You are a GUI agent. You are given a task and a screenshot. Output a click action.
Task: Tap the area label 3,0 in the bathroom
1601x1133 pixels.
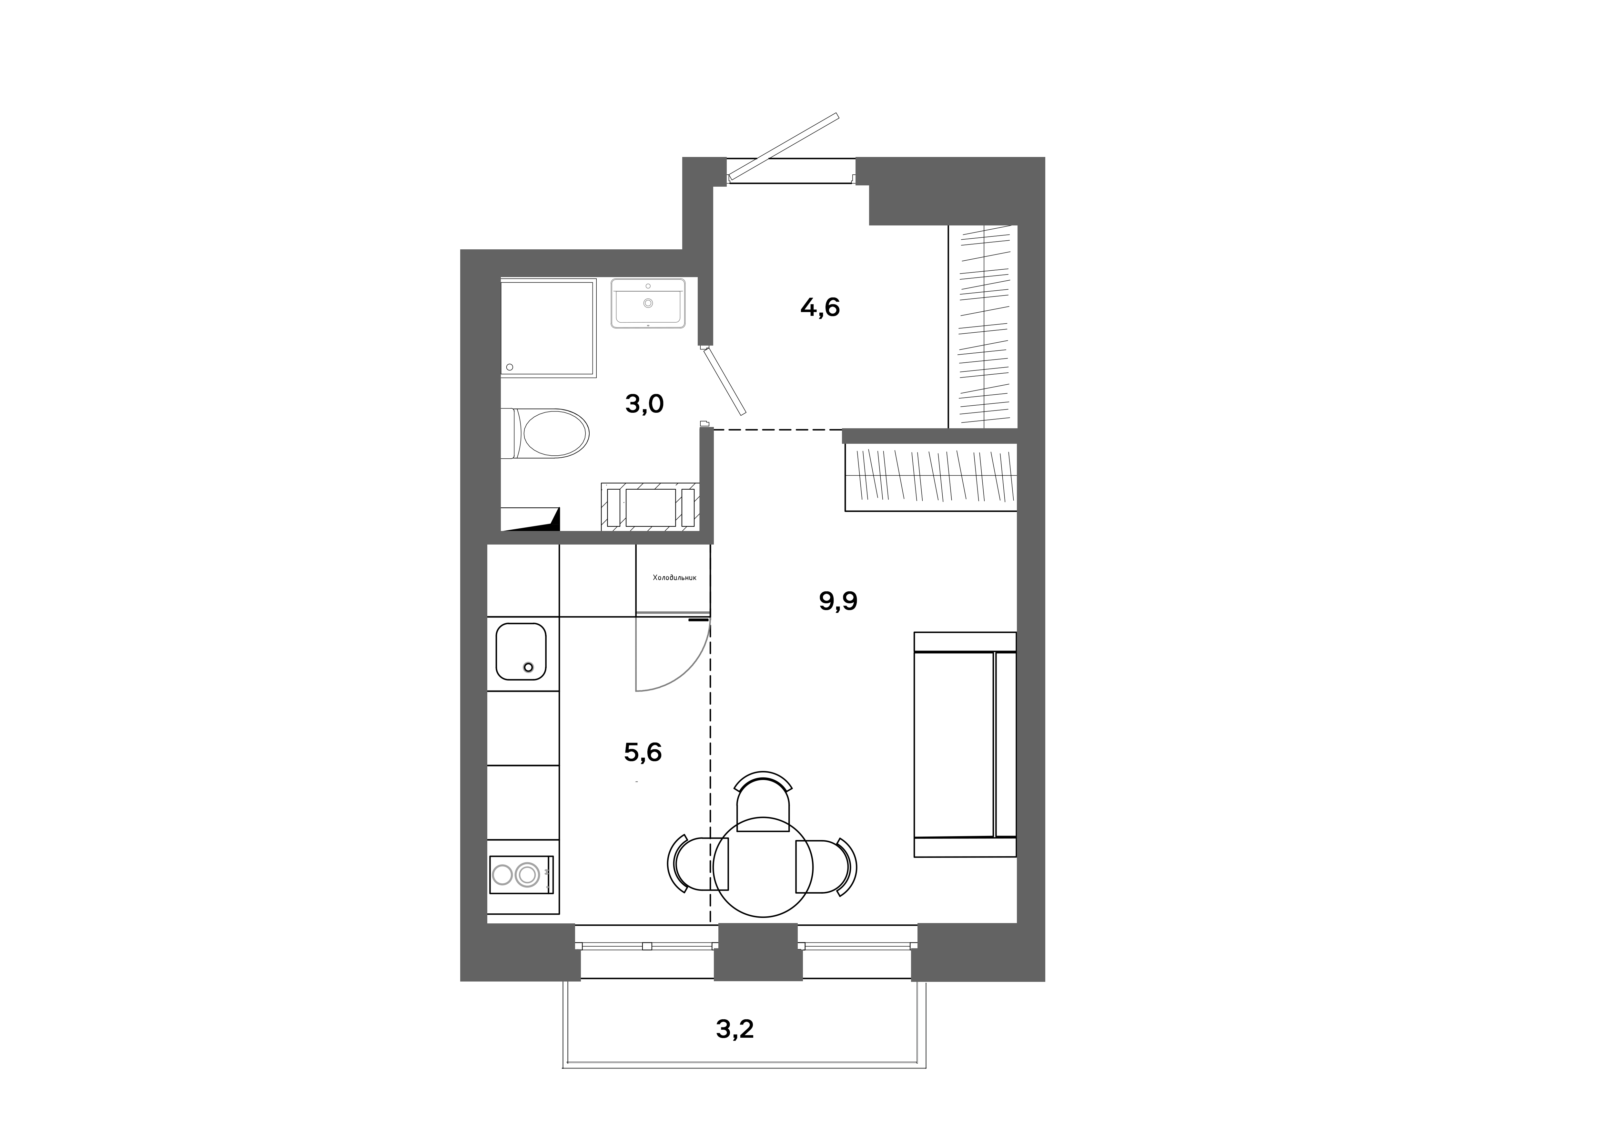[644, 404]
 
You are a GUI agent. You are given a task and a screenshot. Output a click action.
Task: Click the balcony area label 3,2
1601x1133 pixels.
[735, 1029]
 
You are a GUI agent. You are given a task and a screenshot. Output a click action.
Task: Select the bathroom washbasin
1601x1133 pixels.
[648, 303]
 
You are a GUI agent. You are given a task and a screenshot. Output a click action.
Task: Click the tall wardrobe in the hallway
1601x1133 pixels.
[983, 327]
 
